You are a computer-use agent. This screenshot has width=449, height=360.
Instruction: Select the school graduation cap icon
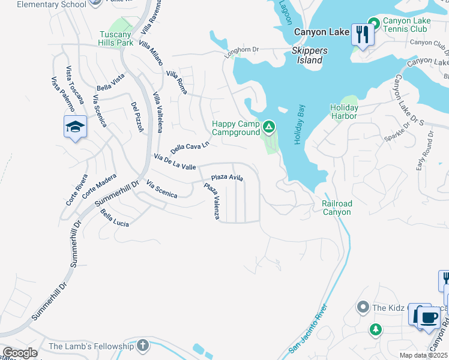tap(76, 127)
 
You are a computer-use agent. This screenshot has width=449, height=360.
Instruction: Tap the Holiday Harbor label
tap(344, 112)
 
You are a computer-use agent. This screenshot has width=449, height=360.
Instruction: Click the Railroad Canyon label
tap(337, 208)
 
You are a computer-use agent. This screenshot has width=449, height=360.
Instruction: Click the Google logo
tap(20, 353)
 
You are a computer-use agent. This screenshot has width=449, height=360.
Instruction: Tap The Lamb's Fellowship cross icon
tap(142, 346)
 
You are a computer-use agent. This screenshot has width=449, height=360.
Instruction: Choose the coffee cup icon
tap(428, 316)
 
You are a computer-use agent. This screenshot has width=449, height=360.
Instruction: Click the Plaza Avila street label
tap(227, 178)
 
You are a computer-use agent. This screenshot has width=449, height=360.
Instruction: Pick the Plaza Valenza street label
tap(212, 202)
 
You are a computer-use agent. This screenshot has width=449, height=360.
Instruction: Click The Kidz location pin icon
tap(363, 308)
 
